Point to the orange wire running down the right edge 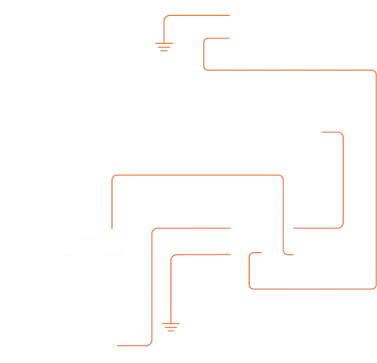point(375,180)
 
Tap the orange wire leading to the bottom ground point(171,284)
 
